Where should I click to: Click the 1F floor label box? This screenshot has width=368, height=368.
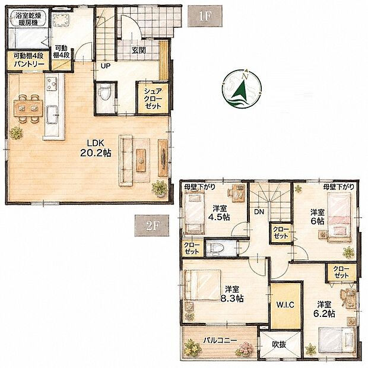point(205,16)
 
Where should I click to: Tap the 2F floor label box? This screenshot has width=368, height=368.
point(151,226)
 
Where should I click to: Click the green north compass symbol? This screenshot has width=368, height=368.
point(242,89)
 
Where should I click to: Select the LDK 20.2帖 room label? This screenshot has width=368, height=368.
point(96,148)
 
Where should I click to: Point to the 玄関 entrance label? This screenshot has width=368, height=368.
point(138,50)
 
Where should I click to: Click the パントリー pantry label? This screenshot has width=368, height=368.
point(29,64)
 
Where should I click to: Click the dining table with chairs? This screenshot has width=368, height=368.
point(28,109)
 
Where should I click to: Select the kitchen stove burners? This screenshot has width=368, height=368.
point(52,83)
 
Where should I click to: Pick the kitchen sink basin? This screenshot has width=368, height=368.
point(52,115)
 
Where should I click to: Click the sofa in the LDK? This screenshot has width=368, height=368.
point(126,160)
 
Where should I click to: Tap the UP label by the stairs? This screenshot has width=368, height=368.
point(106,66)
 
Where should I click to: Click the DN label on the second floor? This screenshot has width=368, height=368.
point(259,212)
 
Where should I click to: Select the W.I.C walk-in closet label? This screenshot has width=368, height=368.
point(285,305)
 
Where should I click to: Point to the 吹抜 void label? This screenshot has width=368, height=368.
point(279,344)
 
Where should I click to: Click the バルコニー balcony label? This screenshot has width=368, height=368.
point(220,340)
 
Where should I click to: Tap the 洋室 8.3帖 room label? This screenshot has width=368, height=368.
point(232,294)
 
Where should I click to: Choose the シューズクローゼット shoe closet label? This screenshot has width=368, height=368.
point(153,99)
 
